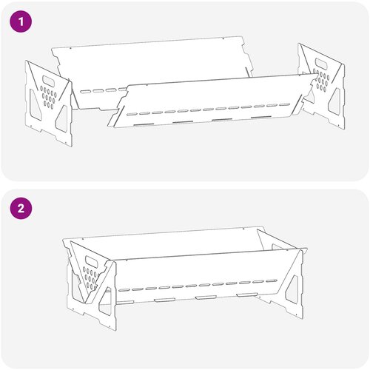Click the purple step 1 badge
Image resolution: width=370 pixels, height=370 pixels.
21,21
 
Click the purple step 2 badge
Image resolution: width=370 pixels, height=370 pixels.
21,208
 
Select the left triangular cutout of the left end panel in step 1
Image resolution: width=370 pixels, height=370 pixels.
35,104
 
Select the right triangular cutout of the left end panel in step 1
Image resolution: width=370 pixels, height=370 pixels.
61,118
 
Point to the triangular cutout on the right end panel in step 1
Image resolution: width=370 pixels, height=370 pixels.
334,99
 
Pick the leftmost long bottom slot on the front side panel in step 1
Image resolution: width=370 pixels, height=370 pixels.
144,124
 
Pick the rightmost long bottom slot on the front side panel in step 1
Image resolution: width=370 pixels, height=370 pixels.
261,118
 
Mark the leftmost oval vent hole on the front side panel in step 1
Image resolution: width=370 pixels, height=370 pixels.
132,114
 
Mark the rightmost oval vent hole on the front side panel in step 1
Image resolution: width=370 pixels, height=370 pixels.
284,104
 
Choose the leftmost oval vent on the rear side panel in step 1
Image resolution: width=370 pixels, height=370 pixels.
85,92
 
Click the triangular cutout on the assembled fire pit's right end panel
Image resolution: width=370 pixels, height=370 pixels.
292,290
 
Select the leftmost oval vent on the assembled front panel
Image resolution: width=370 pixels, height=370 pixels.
124,289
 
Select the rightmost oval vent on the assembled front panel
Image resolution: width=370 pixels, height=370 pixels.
272,281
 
